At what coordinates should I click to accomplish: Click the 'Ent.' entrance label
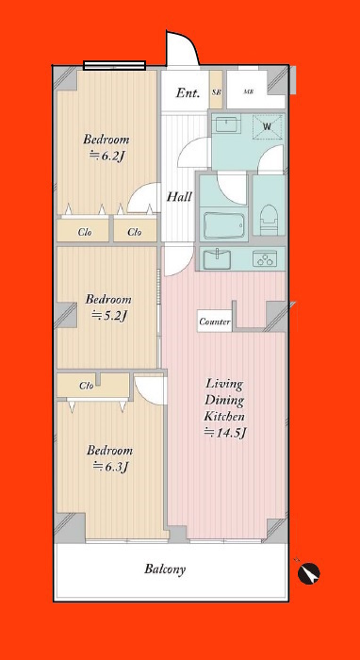coord(188,93)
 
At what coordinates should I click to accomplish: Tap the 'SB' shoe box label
coord(216,91)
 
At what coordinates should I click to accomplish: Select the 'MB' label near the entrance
coord(249,91)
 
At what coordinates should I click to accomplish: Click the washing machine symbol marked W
coord(268,125)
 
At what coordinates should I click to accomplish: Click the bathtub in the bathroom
coord(223,224)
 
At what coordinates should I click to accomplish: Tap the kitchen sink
coord(217,258)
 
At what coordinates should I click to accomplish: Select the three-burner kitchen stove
coord(263,258)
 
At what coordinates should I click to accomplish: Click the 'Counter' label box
coord(215,322)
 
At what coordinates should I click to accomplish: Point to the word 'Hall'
coord(180,196)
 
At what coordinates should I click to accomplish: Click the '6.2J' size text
coord(107,156)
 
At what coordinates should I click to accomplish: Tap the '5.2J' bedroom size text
coord(109,316)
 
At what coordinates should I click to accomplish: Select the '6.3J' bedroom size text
coord(110,467)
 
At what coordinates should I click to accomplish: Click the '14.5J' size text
coord(224,433)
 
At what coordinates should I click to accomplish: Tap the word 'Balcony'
coord(165,569)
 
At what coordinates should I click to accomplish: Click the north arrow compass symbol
coord(309,573)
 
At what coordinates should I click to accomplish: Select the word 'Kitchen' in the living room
coord(224,417)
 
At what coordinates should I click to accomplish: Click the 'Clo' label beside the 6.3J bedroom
coord(87,385)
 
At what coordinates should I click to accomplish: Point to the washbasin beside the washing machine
coord(227,125)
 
